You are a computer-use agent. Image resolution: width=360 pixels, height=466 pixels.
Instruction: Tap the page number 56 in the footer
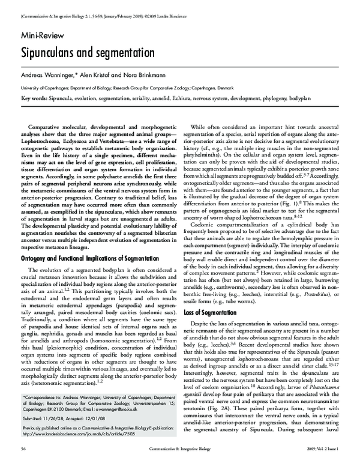[x=23, y=449]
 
